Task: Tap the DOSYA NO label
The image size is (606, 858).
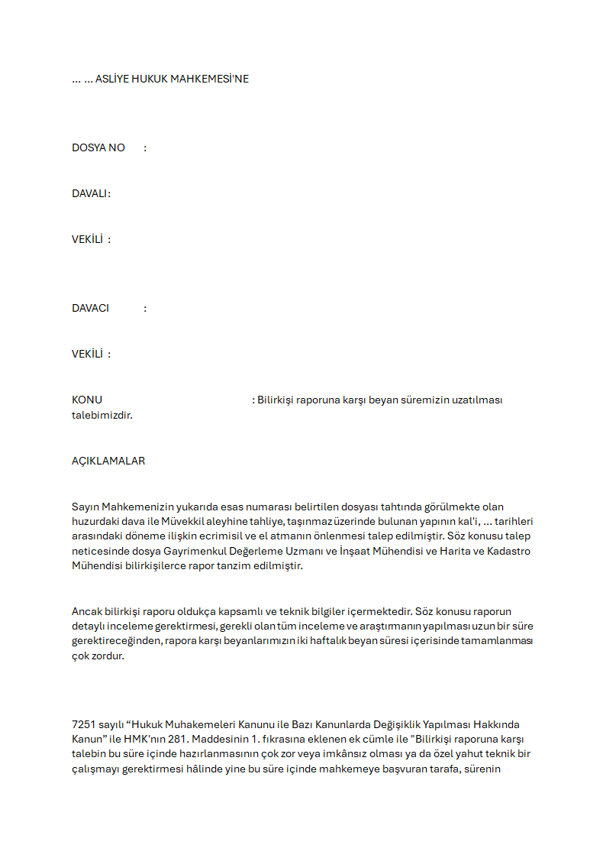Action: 98,147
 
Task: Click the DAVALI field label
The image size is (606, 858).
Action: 91,193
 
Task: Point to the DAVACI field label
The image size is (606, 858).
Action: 90,308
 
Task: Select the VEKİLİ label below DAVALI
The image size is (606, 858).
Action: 87,239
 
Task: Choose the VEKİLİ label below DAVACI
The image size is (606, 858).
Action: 87,354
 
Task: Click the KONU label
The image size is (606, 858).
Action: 87,400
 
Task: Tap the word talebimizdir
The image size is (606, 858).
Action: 102,416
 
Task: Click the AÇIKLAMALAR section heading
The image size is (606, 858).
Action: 108,461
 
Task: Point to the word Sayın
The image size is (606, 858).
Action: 86,507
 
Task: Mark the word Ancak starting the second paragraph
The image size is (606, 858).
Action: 87,611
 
